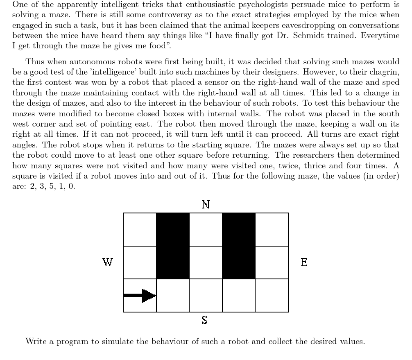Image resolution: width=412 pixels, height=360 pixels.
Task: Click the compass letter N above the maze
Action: (206, 204)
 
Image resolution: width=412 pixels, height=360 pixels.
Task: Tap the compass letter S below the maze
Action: (205, 320)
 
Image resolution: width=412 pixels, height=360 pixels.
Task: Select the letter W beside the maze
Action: (107, 262)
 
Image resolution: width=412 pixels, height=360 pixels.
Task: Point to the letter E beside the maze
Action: (304, 262)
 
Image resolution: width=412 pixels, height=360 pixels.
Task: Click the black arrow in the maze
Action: (140, 295)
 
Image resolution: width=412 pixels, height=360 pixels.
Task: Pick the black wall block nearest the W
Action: (173, 246)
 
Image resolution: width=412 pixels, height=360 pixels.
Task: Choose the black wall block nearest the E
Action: (239, 246)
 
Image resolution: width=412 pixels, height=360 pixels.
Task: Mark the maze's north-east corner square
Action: (272, 229)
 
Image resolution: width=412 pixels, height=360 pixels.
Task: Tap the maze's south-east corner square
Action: (272, 295)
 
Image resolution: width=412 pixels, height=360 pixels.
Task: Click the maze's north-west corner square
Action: (140, 229)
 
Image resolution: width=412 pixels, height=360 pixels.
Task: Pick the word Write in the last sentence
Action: (35, 341)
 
